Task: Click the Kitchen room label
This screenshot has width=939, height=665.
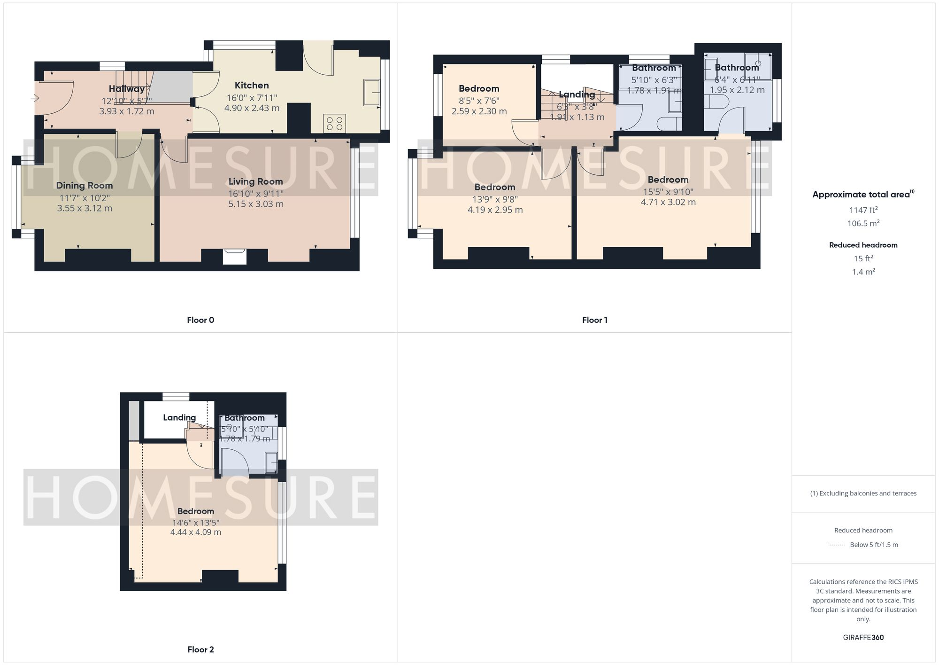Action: [252, 85]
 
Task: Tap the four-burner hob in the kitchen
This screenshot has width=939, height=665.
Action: [335, 124]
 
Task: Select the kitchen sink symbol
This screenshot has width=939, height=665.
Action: [372, 93]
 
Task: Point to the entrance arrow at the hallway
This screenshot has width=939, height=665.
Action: [35, 98]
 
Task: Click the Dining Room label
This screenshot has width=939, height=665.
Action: [85, 185]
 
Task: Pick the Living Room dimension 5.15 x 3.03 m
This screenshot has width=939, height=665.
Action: [256, 204]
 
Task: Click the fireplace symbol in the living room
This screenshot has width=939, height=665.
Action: [235, 257]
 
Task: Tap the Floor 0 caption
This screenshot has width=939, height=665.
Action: [200, 320]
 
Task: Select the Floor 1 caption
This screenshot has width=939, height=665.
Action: [594, 320]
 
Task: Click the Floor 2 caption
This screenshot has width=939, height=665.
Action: [200, 649]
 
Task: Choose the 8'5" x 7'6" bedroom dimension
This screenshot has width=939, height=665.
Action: [479, 101]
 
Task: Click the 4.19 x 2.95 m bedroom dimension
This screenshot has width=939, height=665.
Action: [495, 210]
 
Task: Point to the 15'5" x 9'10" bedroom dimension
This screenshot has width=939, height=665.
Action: [668, 192]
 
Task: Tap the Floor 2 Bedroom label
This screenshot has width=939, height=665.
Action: [196, 511]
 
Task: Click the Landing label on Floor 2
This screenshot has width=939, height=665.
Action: [179, 417]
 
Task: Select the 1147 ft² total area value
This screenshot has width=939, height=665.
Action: [863, 210]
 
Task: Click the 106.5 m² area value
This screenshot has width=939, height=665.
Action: [863, 223]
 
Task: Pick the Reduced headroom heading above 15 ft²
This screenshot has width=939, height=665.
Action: [863, 245]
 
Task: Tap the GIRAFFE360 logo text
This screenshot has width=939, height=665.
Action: [863, 637]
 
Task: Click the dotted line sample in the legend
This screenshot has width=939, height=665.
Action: [837, 545]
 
